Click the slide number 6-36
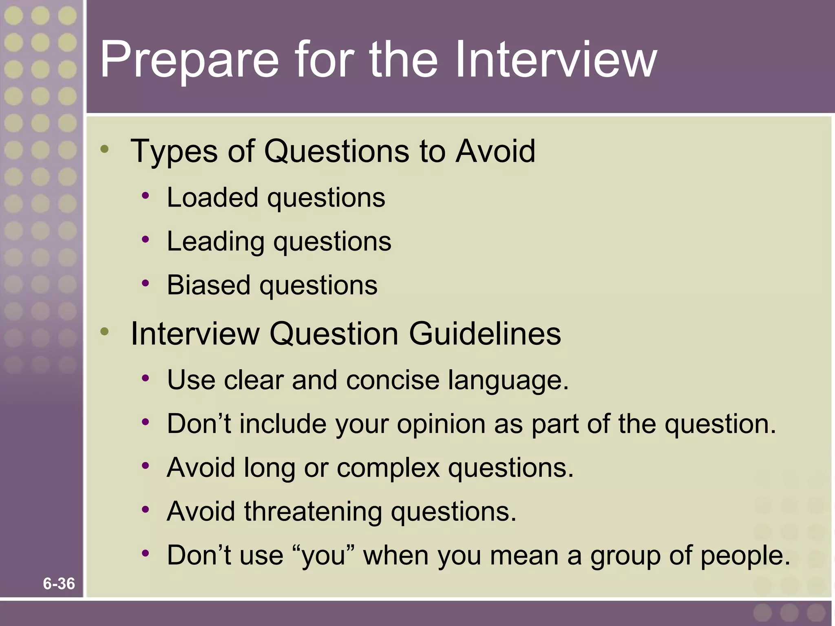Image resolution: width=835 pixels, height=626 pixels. [x=59, y=584]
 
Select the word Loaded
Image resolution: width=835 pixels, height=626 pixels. [x=212, y=198]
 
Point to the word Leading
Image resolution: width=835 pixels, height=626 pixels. [x=215, y=242]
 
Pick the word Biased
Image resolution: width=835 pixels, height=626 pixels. [x=208, y=285]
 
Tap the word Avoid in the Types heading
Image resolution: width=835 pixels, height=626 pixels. [x=495, y=151]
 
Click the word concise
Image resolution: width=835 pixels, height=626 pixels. [x=393, y=380]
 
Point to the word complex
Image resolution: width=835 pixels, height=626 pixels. [x=388, y=468]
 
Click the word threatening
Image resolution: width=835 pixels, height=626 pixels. [x=313, y=512]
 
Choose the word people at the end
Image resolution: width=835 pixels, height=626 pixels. [x=745, y=556]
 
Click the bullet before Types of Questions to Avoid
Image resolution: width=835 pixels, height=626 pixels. [x=105, y=149]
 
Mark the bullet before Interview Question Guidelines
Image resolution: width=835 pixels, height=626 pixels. [x=105, y=332]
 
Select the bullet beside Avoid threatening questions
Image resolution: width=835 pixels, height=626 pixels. [x=146, y=509]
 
